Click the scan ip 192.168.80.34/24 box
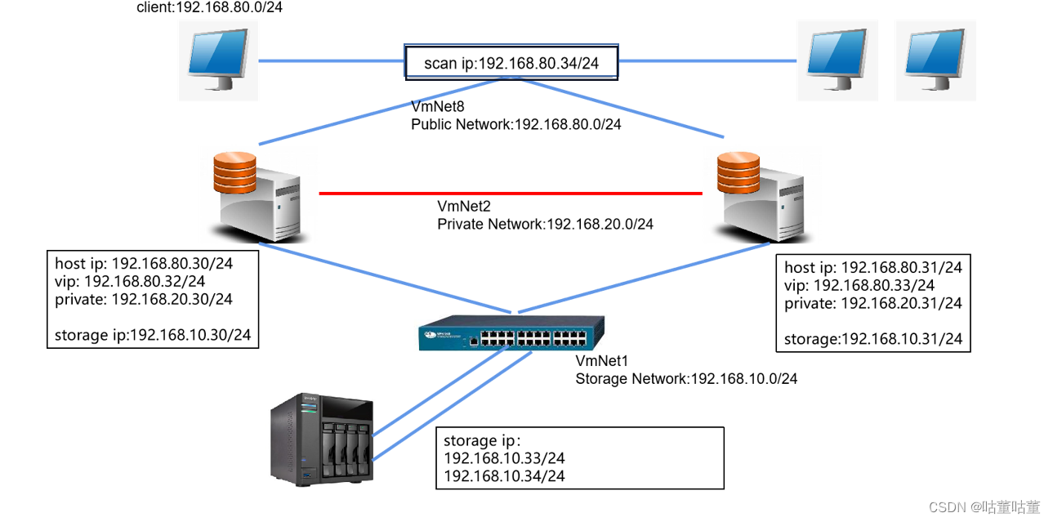tap(511, 63)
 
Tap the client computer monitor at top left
tap(218, 59)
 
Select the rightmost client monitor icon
tap(935, 59)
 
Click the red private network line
tap(511, 194)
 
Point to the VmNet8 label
tap(437, 106)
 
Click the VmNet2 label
tap(464, 206)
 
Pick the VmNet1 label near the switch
tap(602, 361)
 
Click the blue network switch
tap(513, 333)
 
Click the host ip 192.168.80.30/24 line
tap(143, 264)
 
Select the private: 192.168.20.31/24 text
tap(872, 303)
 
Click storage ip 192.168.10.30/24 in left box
tap(153, 335)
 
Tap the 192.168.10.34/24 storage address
tap(504, 475)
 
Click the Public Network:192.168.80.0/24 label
tap(515, 124)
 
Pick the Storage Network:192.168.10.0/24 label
tap(686, 379)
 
